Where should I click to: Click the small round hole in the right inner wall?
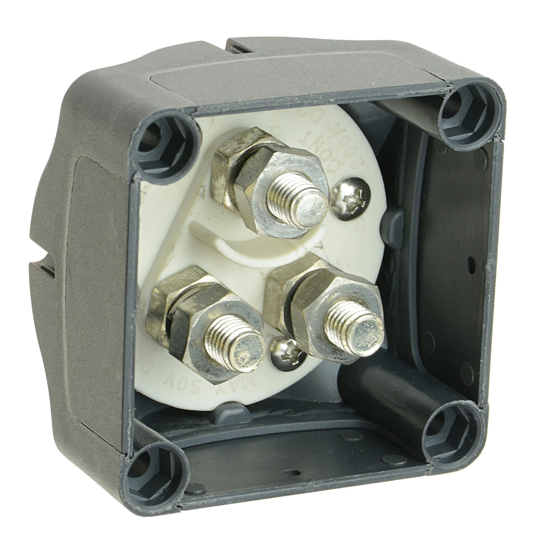coord(470,260)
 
